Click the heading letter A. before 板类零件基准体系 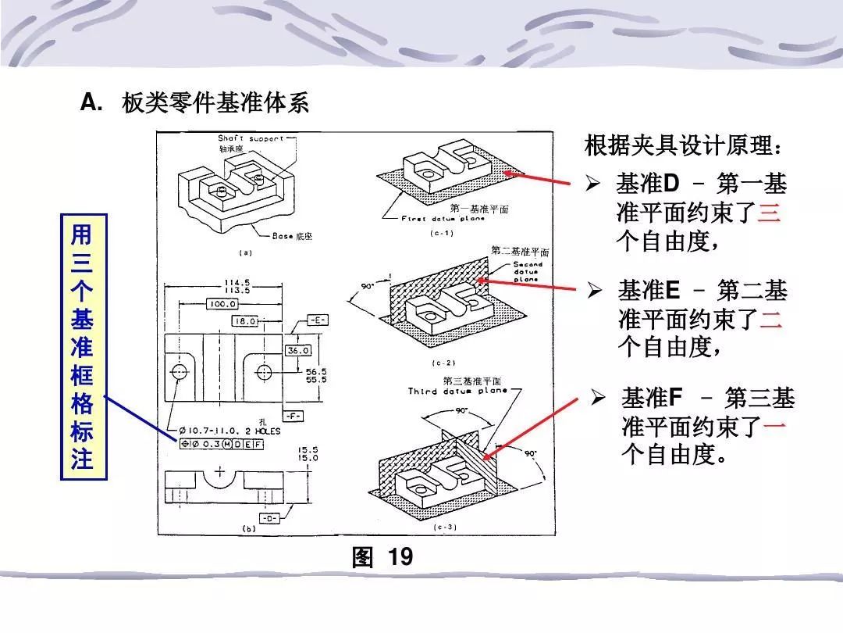[92, 102]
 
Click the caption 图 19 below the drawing [382, 557]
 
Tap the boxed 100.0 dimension [222, 304]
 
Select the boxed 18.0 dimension [246, 320]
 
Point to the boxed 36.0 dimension [298, 351]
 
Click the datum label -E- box [317, 320]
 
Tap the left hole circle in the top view [180, 370]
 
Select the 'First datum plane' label [443, 219]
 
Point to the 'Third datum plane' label [457, 391]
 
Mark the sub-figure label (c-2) [443, 363]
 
